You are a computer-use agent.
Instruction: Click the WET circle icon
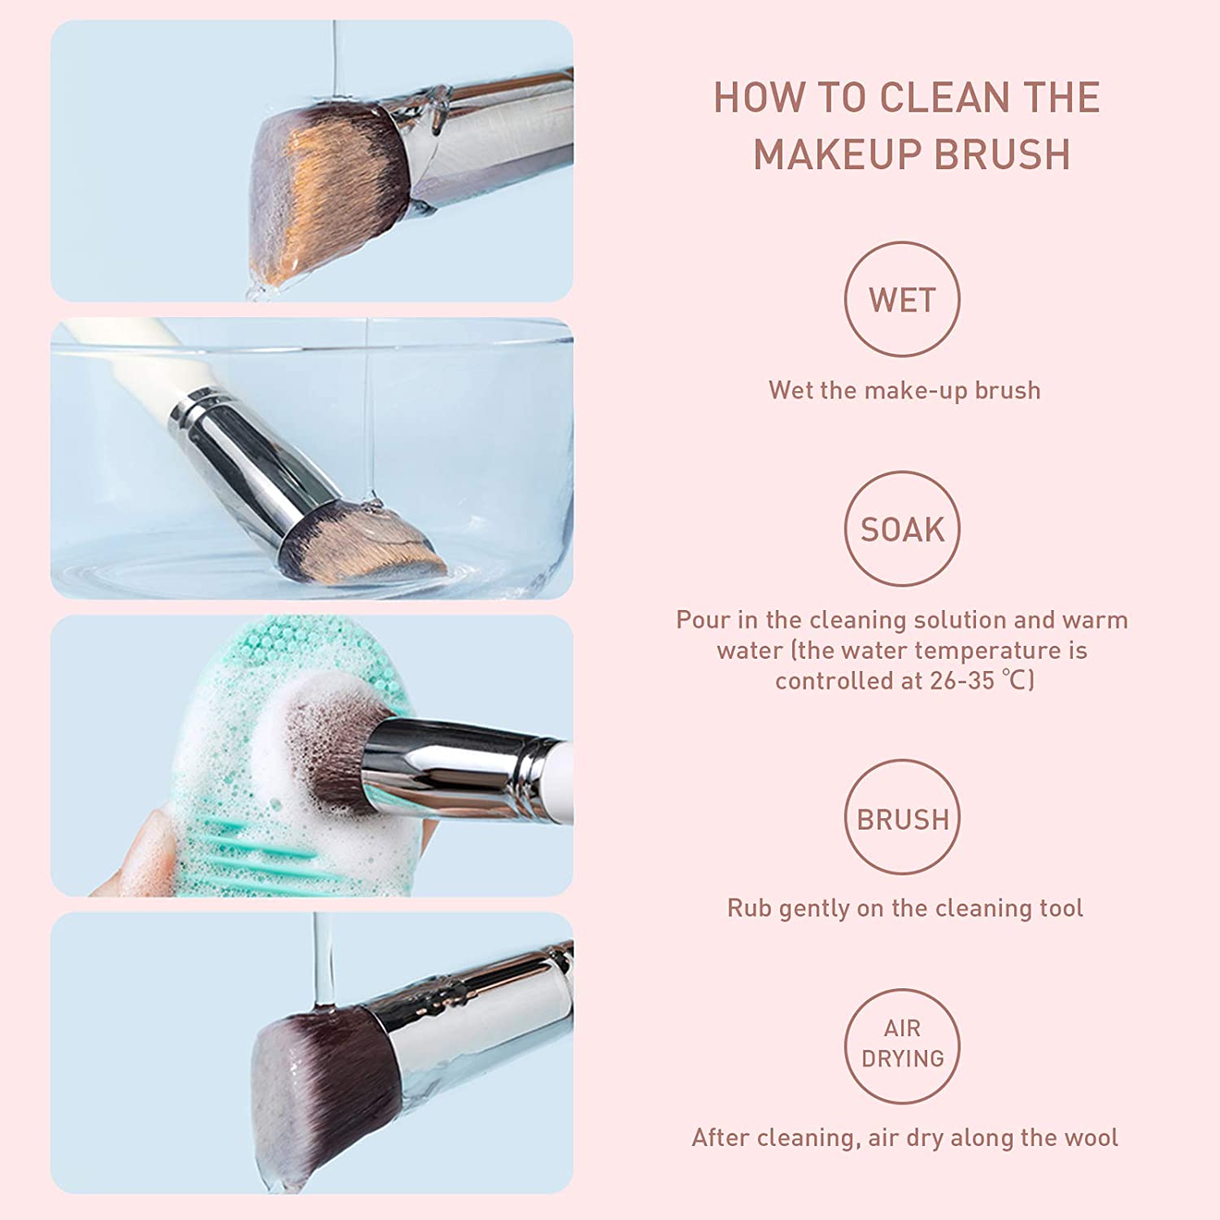[x=902, y=299]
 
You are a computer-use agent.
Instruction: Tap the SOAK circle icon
[x=902, y=529]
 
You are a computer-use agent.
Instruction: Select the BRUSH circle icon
[x=902, y=817]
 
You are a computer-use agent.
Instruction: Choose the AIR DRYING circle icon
[x=902, y=1045]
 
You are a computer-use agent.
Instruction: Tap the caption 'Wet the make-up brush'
[x=904, y=390]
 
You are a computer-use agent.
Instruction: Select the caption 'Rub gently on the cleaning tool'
[x=904, y=908]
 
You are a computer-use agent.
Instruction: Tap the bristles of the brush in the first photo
[x=325, y=195]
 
